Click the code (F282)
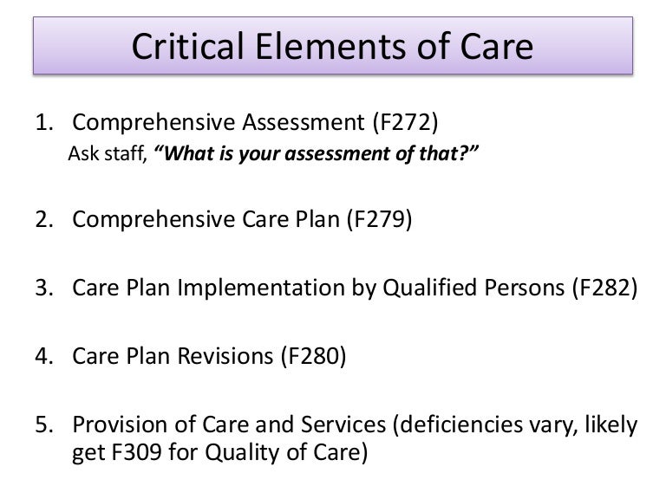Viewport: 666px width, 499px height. (x=604, y=287)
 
